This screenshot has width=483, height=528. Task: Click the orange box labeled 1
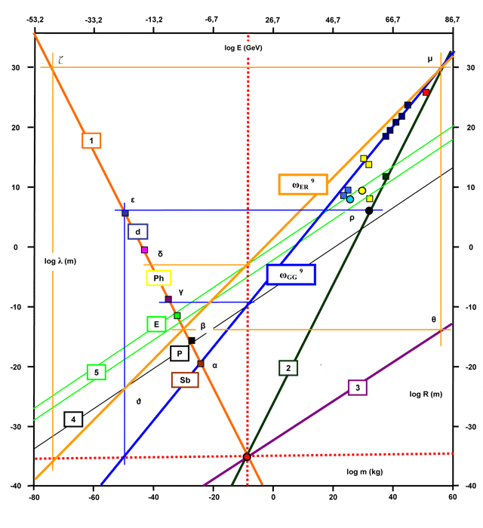pos(91,140)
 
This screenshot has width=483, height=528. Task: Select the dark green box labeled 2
pos(288,368)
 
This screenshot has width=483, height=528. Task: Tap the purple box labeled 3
pos(358,388)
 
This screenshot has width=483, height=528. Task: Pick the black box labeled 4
pos(73,419)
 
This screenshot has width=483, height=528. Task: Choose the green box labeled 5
pos(97,372)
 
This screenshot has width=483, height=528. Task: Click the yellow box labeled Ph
pos(158,278)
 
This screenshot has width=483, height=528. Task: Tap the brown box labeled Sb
pos(185,380)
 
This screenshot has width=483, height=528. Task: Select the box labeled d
pos(138,232)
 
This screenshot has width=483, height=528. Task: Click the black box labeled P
pos(180,353)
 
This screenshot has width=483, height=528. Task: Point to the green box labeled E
pos(156,324)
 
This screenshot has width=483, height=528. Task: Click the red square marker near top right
pos(426,92)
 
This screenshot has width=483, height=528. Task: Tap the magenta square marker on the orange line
pos(145,250)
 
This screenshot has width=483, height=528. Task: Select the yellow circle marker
pos(362,191)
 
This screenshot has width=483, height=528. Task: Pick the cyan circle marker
pos(350,199)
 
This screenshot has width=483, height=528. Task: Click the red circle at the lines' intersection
pos(247,456)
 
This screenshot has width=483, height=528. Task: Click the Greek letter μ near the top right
pos(430,57)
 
